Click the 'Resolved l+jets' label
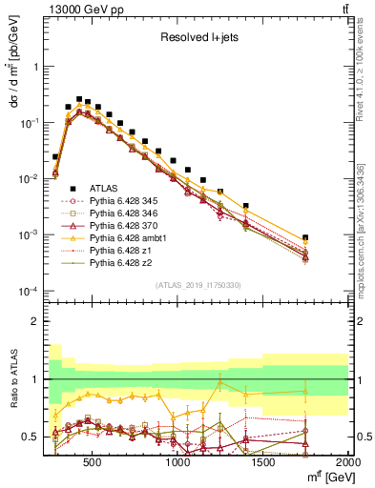click(198, 39)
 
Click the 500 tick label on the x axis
click(93, 461)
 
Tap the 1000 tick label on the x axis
click(178, 461)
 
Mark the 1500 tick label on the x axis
click(263, 461)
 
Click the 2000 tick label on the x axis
click(347, 461)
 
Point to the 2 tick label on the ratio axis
click(32, 321)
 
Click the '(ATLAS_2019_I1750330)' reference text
click(198, 285)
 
